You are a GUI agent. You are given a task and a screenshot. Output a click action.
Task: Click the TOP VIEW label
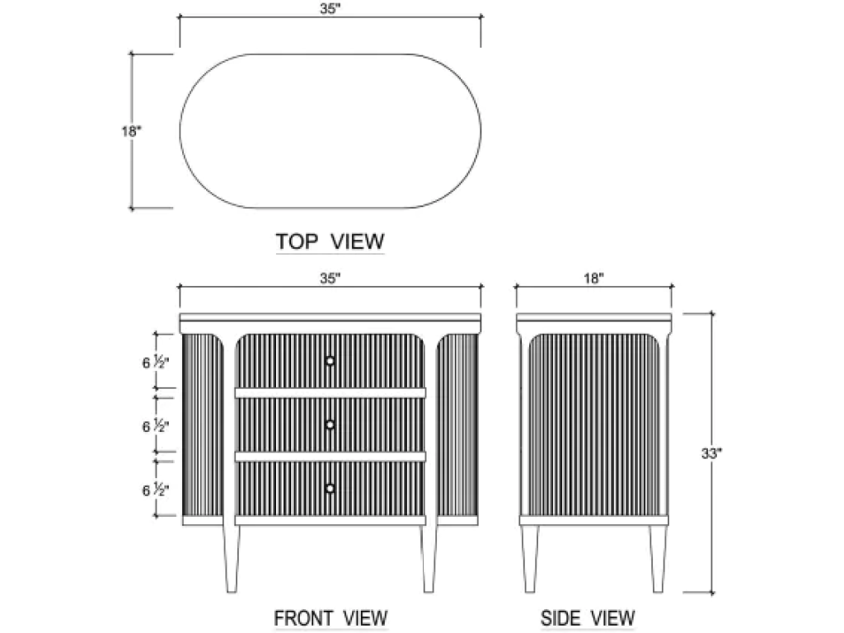330,241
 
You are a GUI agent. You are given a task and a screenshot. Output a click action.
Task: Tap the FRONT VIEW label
331,618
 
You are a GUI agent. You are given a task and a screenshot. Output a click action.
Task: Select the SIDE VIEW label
587,618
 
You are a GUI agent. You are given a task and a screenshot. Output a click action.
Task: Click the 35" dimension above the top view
331,9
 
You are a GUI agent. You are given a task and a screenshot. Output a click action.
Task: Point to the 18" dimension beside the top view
131,131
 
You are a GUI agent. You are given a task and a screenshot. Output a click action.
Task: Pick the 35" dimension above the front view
331,279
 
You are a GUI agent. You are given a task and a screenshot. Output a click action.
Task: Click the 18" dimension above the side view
593,279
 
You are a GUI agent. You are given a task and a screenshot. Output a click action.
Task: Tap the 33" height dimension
711,454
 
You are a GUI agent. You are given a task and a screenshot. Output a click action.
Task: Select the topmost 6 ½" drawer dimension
156,363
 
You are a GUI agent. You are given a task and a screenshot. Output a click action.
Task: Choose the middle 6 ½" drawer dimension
156,426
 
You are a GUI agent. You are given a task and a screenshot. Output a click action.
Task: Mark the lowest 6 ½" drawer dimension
156,490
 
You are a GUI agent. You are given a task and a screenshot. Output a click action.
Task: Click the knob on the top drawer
330,361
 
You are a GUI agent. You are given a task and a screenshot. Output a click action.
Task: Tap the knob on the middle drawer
330,424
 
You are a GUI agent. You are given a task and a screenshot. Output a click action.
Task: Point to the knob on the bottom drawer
330,488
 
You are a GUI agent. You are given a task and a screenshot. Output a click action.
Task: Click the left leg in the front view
231,558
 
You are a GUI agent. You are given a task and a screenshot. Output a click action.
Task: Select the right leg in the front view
429,558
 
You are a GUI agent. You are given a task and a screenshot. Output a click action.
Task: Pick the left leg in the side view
530,559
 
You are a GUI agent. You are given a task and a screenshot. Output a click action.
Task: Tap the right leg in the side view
658,559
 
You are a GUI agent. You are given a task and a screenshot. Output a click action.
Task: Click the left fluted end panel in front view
203,424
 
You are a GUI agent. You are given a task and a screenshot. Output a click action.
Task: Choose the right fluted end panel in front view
457,424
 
